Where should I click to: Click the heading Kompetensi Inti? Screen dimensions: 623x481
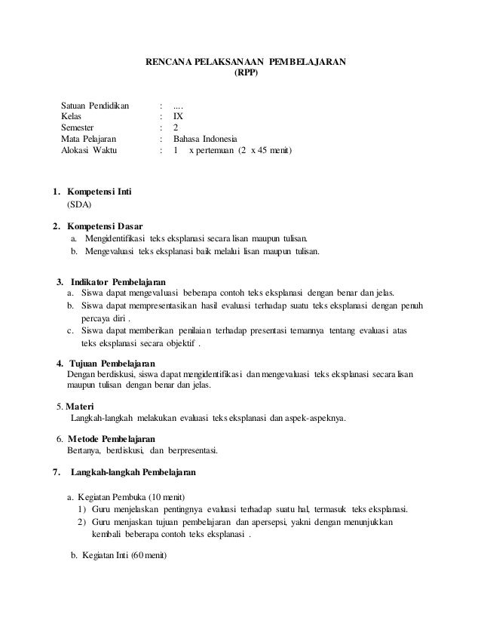[x=98, y=192]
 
